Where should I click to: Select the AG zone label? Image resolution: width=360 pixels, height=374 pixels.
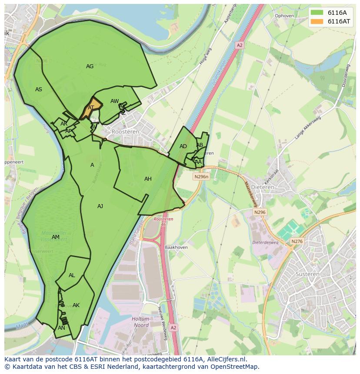[x=90, y=66]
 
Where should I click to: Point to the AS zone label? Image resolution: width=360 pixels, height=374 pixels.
[x=39, y=89]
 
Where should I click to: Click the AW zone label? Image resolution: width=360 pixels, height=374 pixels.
[x=114, y=101]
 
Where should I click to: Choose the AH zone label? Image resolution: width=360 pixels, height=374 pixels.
[x=148, y=179]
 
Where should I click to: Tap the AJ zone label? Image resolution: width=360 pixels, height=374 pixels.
[x=100, y=206]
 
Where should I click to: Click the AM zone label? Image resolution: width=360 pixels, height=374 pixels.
[x=55, y=237]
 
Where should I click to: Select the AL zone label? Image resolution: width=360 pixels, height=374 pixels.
[x=72, y=275]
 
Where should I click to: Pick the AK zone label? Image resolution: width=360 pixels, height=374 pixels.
[x=76, y=305]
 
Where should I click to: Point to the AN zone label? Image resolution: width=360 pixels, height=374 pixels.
[x=61, y=328]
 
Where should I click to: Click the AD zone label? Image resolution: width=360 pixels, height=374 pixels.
[x=183, y=146]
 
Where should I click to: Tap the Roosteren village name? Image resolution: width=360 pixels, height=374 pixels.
[x=125, y=131]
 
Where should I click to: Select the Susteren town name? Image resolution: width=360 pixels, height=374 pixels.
[x=307, y=274]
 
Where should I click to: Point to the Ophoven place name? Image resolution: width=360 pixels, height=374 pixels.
[x=284, y=16]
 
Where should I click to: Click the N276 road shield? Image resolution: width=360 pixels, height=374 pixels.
[x=297, y=242]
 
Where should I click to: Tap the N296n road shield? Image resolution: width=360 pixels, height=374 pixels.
[x=201, y=177]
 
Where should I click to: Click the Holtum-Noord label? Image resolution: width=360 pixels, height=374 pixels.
[x=140, y=321]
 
